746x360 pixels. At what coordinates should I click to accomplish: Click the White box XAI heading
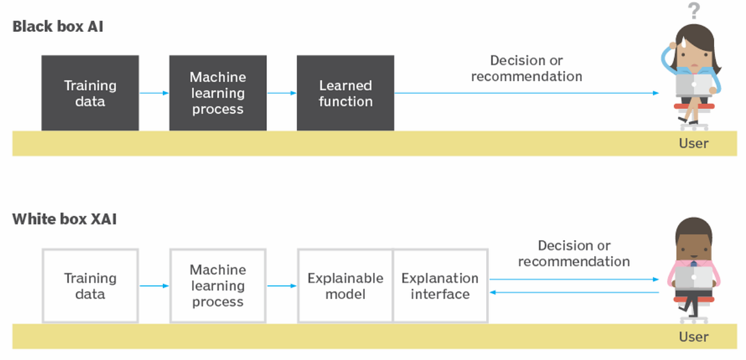[65, 219]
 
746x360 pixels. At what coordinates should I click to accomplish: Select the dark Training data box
[90, 93]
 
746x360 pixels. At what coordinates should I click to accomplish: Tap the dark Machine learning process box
[218, 93]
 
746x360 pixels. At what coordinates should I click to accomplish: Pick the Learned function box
[345, 93]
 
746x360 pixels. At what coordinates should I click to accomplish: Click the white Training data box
[90, 286]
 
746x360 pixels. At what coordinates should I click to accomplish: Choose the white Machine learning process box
[218, 286]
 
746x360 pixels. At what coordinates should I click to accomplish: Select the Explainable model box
[345, 286]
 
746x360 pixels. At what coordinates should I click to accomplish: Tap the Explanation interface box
[440, 286]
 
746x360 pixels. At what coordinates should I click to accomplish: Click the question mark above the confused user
[694, 11]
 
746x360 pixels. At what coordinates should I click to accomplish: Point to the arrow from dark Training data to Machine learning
[154, 93]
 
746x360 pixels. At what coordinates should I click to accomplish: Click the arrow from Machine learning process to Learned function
[282, 93]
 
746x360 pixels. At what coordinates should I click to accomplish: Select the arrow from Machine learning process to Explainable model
[282, 286]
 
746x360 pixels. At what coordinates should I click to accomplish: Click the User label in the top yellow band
[693, 144]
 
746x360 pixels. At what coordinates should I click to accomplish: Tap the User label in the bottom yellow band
[693, 336]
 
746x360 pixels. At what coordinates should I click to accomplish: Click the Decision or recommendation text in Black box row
[527, 68]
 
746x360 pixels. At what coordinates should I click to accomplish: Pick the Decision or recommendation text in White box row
[574, 254]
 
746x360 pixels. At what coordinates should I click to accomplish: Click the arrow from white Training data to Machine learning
[154, 286]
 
